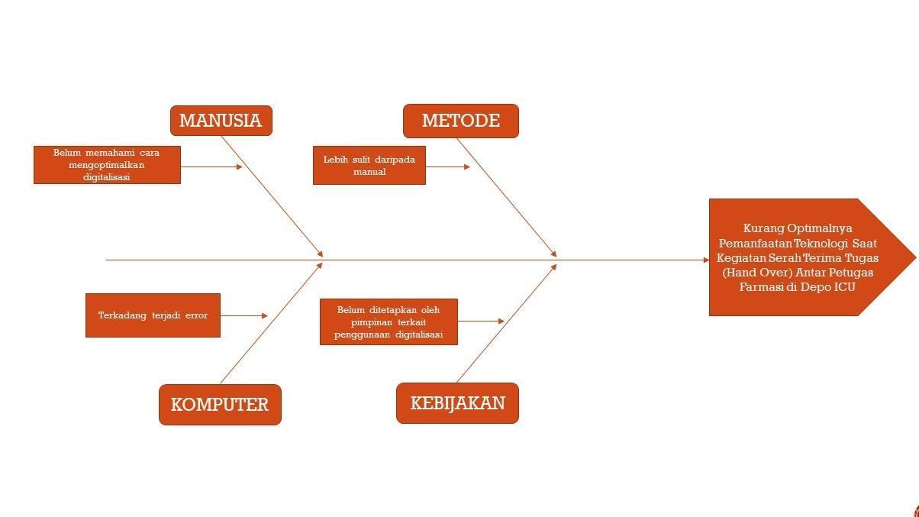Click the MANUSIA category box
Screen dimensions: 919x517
pos(221,121)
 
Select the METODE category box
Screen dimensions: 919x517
pos(460,121)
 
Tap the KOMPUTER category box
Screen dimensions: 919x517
pos(220,405)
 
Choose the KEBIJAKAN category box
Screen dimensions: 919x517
pos(457,403)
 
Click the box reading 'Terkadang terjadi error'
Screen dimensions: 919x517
pos(153,315)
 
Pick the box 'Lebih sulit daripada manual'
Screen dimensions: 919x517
pos(369,166)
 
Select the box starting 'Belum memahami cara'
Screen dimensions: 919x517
pos(107,165)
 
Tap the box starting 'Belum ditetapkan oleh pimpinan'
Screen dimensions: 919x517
pos(389,322)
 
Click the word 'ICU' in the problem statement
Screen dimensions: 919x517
pos(844,287)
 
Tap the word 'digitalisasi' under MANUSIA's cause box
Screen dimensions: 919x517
pos(107,177)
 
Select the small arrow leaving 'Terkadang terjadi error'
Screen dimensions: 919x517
pos(244,315)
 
